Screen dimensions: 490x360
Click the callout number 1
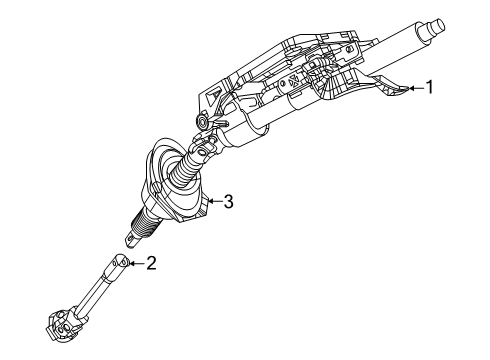coord(430,88)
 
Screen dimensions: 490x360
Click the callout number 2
coord(152,263)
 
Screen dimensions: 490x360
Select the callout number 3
coord(228,201)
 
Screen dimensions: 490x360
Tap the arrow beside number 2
coord(137,263)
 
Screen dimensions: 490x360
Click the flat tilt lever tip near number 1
coord(397,89)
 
